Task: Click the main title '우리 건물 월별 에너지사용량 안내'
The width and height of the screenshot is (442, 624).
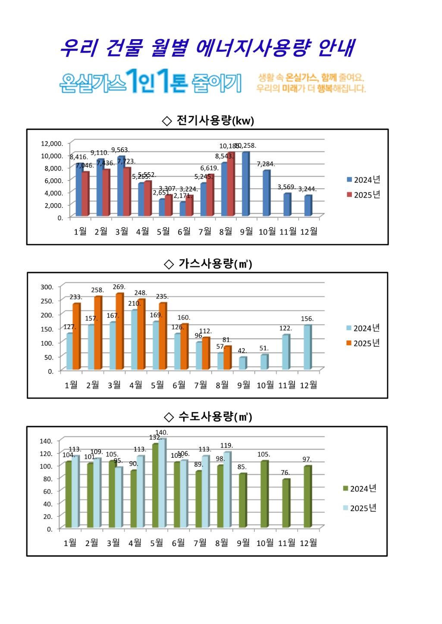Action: [x=207, y=48]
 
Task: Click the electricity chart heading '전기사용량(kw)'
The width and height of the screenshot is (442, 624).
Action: [x=208, y=121]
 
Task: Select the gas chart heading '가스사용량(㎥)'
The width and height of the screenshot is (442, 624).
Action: [x=209, y=264]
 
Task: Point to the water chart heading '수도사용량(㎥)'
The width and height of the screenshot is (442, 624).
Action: [x=209, y=417]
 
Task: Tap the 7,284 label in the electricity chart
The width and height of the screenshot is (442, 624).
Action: [x=266, y=164]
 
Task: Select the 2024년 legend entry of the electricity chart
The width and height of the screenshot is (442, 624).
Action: [x=363, y=180]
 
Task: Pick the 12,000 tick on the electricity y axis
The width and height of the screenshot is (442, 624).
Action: [x=52, y=143]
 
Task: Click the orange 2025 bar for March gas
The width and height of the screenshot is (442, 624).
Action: [x=119, y=332]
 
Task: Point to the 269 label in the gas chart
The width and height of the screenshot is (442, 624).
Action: [x=119, y=287]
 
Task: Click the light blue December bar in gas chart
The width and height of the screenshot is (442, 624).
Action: [x=307, y=348]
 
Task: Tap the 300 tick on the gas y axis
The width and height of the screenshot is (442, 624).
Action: [x=47, y=287]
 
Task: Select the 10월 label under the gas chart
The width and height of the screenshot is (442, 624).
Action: [x=265, y=385]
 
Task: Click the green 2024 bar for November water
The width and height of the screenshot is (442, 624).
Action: [x=285, y=503]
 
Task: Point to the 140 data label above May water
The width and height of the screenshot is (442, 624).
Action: [x=162, y=432]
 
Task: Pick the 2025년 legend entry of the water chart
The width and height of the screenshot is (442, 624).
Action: [x=360, y=508]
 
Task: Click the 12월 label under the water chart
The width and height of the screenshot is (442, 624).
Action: [x=308, y=543]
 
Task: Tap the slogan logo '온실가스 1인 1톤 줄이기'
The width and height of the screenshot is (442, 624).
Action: [x=150, y=81]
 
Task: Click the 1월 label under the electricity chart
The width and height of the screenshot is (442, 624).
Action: [x=80, y=232]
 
